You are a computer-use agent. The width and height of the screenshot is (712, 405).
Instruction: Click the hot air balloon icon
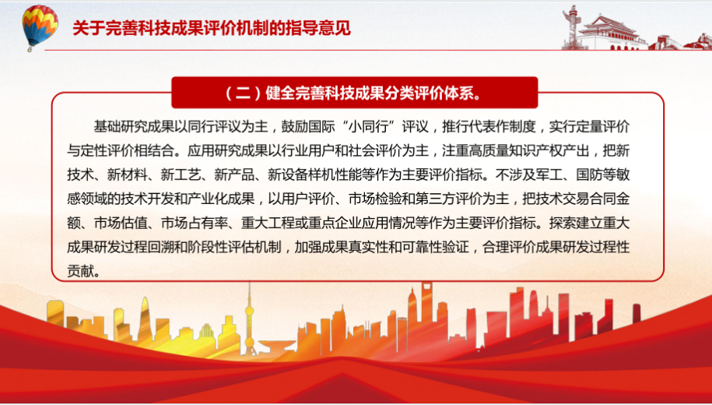[x=40, y=26]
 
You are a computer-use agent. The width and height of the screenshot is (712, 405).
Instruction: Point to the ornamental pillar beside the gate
[x=570, y=26]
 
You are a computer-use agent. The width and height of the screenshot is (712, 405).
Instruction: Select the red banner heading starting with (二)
[x=355, y=93]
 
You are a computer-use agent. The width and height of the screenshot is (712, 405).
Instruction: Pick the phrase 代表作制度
[x=503, y=126]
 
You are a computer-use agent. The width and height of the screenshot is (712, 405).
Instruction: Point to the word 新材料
[x=127, y=174]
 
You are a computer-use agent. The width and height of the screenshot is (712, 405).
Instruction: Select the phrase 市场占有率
[x=195, y=223]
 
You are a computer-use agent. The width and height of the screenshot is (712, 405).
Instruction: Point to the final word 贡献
[x=80, y=271]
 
